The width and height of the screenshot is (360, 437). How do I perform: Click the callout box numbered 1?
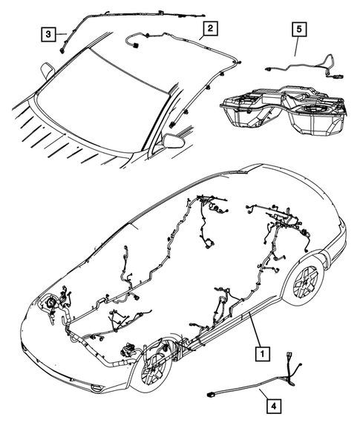point(261,354)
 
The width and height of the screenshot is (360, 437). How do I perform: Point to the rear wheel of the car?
point(306,280)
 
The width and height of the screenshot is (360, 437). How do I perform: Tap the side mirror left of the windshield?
point(47,71)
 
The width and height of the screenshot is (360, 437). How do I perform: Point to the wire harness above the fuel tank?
point(297,67)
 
